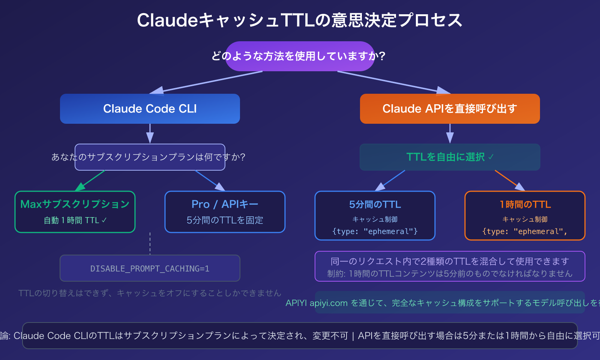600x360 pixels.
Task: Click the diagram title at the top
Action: (x=299, y=20)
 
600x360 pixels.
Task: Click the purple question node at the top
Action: (x=299, y=56)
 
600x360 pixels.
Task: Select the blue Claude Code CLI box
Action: (x=150, y=109)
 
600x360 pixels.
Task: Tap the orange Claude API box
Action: (x=450, y=109)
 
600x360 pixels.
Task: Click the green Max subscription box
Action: (x=75, y=212)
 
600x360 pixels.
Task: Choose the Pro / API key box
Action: (x=225, y=212)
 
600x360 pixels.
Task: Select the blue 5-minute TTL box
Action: (x=375, y=216)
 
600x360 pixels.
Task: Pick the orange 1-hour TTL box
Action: (x=525, y=216)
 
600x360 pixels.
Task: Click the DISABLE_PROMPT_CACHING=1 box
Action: (x=150, y=268)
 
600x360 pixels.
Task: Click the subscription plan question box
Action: (x=150, y=157)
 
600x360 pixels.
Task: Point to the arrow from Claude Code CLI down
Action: (x=150, y=133)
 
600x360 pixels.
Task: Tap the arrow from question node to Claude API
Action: (x=394, y=82)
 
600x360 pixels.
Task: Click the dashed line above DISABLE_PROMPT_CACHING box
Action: (x=150, y=244)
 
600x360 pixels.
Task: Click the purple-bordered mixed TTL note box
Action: (x=450, y=266)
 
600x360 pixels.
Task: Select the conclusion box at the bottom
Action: (x=300, y=336)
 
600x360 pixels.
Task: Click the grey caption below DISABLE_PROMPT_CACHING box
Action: (x=150, y=293)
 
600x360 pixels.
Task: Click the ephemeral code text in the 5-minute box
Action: (x=375, y=231)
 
